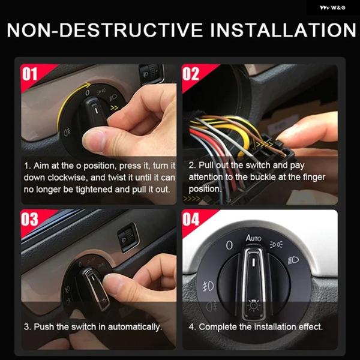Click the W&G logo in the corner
point(332,8)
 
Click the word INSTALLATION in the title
point(283,30)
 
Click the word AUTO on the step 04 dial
point(254,238)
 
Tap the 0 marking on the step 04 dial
point(229,245)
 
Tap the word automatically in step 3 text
point(135,327)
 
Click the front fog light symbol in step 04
point(208,286)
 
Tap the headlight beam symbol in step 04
point(293,260)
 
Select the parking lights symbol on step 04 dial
point(276,244)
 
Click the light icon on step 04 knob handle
point(253,305)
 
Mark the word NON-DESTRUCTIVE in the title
point(105,30)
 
